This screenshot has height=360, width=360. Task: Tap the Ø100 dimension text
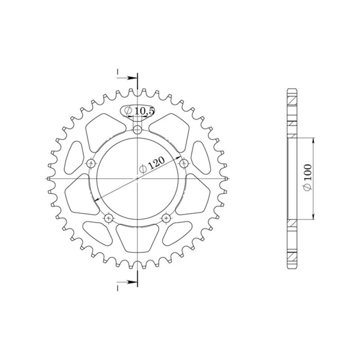[x=308, y=179]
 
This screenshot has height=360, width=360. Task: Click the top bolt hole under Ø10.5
[x=138, y=130]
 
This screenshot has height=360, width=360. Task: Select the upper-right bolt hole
[x=183, y=163]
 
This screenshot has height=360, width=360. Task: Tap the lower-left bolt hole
[x=109, y=218]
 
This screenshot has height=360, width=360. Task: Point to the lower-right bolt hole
[x=166, y=218]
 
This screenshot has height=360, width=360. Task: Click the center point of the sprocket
[x=138, y=179]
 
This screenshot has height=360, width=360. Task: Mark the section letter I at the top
[x=117, y=72]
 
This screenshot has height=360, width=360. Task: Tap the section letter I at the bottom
[x=117, y=287]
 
